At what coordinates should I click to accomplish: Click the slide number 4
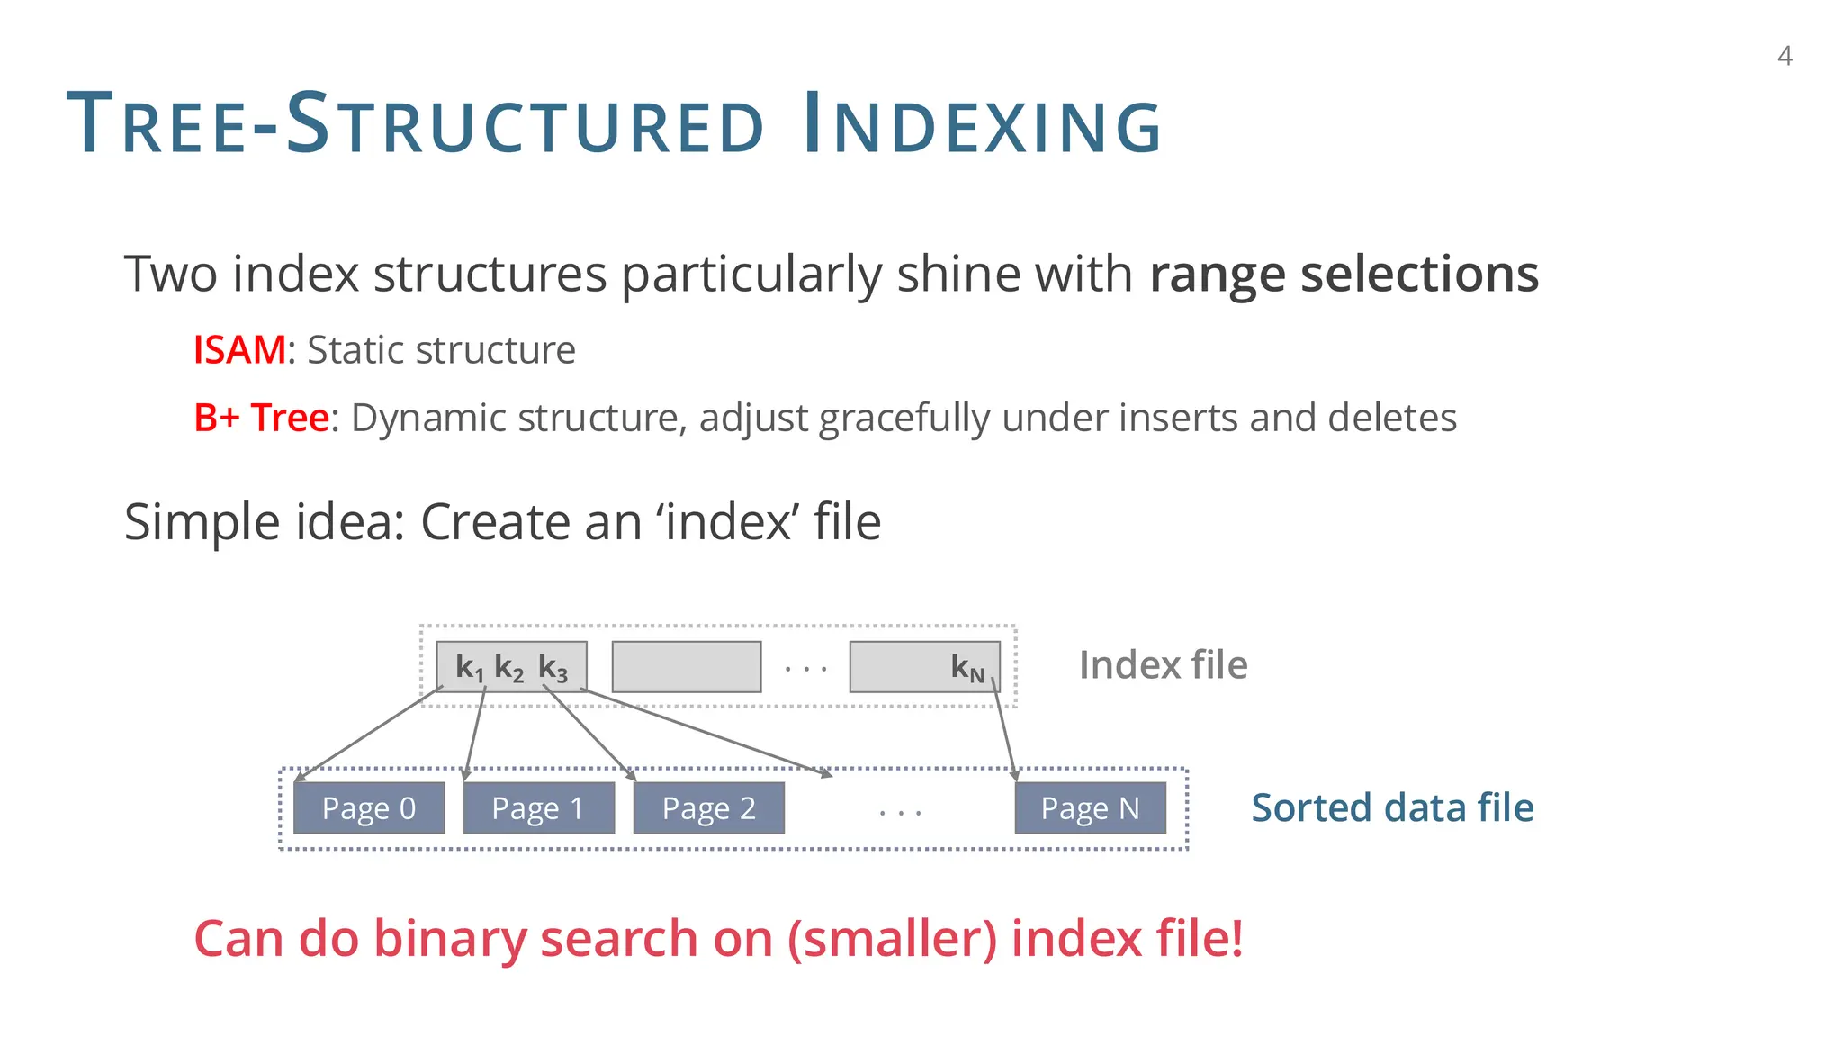(x=1785, y=57)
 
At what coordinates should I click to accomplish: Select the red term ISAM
(x=239, y=349)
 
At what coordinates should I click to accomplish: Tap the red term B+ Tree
(x=261, y=418)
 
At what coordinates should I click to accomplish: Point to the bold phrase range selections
(x=1344, y=274)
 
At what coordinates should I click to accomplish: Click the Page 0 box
(x=369, y=807)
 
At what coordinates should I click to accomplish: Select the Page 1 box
(x=538, y=807)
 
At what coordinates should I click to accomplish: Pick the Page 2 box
(x=708, y=807)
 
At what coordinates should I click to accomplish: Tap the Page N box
(x=1090, y=807)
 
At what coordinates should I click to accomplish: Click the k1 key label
(x=469, y=668)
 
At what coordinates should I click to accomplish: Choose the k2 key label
(x=509, y=668)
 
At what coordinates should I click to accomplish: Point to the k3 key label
(x=553, y=668)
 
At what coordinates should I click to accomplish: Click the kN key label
(x=967, y=668)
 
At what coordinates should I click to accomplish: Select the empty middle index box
(x=686, y=667)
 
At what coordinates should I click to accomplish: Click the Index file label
(x=1163, y=665)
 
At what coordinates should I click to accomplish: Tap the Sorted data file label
(x=1392, y=807)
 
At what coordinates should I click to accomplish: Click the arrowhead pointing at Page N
(x=1015, y=773)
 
